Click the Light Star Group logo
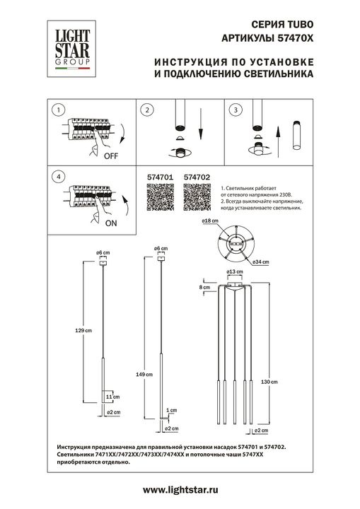pos(69,49)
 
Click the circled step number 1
pos(59,110)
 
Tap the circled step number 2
pos(146,110)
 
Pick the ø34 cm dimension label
pos(260,262)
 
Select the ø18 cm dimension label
pos(209,222)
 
